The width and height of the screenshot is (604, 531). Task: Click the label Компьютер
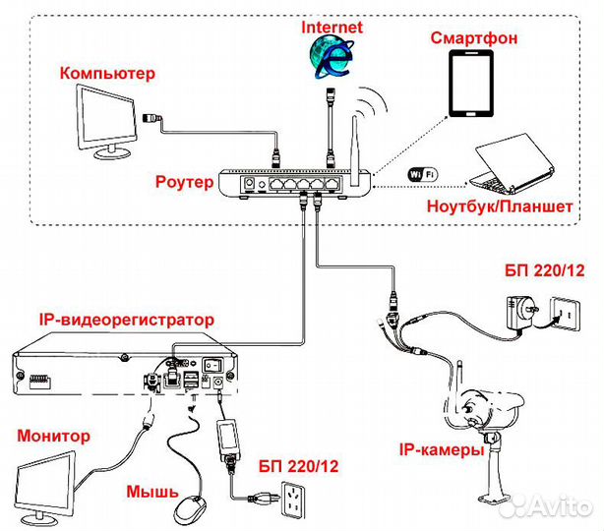pos(107,73)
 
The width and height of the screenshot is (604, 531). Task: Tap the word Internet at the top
pos(332,28)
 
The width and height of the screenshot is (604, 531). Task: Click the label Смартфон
pos(474,38)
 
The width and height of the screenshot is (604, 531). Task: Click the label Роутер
pos(183,182)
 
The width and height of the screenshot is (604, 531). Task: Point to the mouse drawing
pos(189,509)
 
